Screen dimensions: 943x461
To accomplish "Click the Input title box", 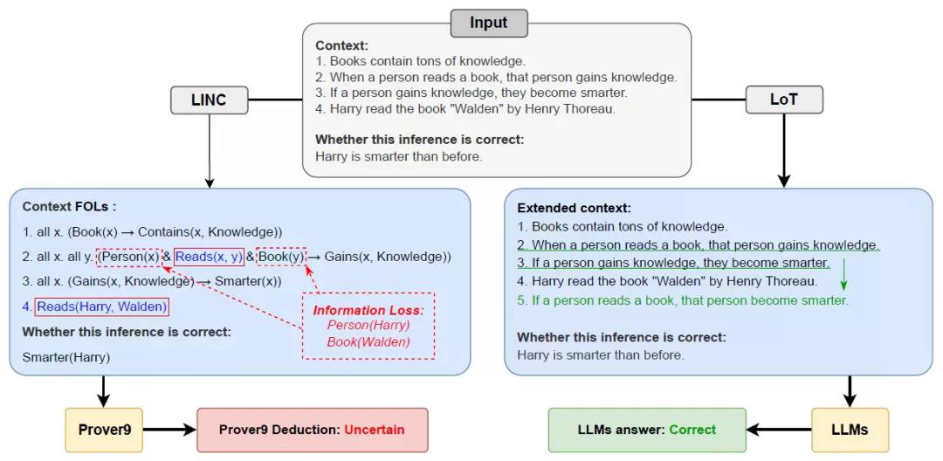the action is (489, 23).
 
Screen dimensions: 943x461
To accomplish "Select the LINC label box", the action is (209, 100).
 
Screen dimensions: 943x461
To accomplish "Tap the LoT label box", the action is (783, 100).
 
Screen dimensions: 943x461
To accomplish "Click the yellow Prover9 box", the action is (104, 430).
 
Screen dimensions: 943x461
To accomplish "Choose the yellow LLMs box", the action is (850, 430).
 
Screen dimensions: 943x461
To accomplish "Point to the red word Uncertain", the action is (375, 430).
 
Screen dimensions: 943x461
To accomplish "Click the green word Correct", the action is (692, 430).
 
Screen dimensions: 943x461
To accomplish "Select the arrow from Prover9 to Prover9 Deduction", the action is (170, 430).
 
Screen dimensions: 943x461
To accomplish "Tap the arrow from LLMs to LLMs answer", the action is (779, 430).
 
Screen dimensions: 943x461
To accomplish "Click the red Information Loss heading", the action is (368, 311).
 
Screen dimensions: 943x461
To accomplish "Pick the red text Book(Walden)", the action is (368, 342).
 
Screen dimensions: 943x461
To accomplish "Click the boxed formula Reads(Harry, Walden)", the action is (101, 306).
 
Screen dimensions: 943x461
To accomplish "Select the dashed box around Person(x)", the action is (129, 257).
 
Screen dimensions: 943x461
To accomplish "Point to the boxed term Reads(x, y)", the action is (209, 257).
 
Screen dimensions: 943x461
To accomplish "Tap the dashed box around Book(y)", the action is (281, 257).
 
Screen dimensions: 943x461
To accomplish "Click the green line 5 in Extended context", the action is (683, 300).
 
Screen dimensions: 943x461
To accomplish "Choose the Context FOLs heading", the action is (69, 207).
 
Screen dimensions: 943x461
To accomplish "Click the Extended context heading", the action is (575, 209).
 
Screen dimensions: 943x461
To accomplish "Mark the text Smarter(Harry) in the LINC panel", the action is (66, 357).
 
